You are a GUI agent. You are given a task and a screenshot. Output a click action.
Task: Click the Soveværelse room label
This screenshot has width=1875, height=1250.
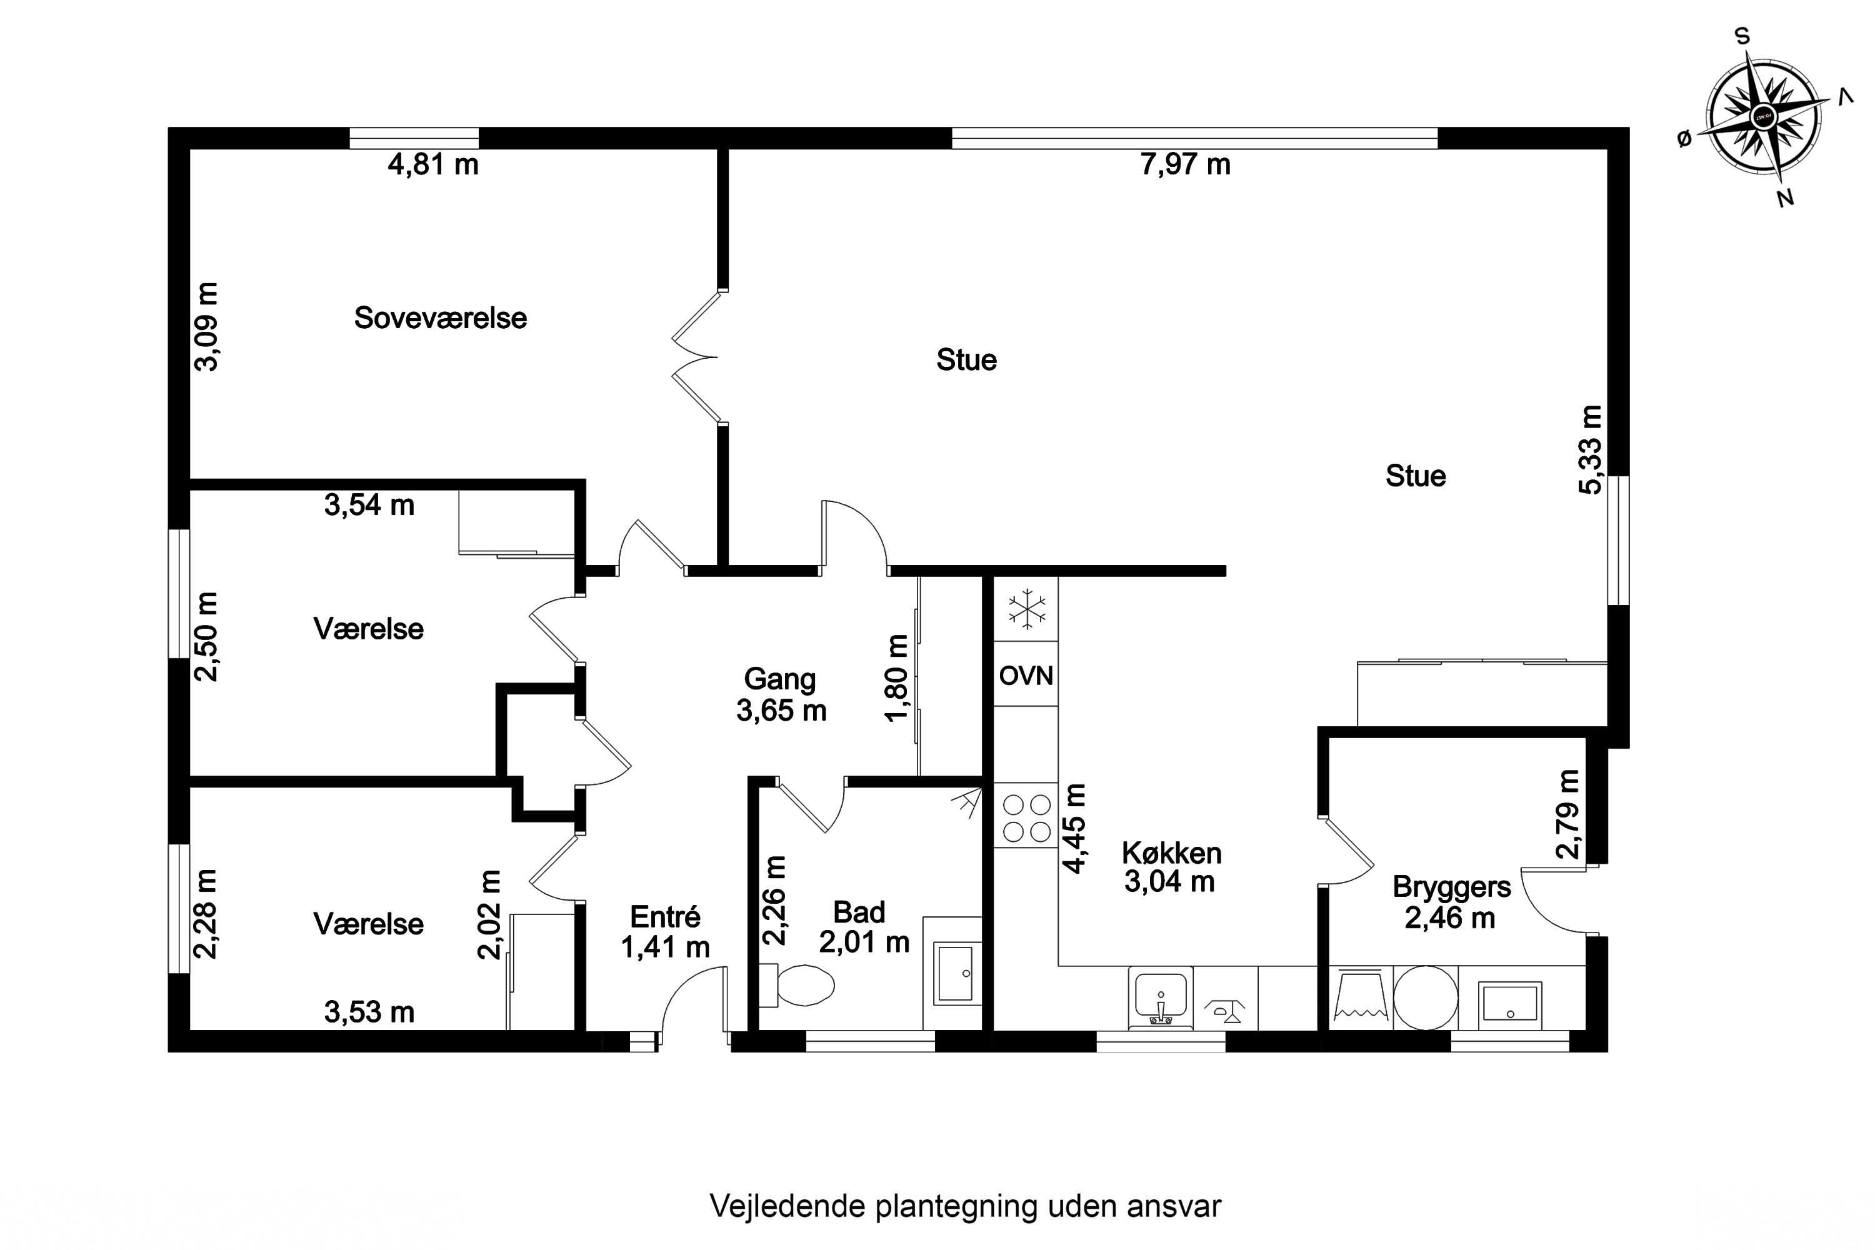[x=440, y=318]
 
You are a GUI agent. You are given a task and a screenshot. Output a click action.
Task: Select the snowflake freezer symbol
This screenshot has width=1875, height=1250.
[x=1027, y=610]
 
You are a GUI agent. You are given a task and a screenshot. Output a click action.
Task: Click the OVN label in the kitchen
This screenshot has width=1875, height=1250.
[x=1026, y=676]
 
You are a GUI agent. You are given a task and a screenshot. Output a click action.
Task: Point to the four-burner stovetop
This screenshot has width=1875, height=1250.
[x=1026, y=819]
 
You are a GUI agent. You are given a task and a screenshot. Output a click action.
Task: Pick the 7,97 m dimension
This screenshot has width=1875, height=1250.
[x=1186, y=164]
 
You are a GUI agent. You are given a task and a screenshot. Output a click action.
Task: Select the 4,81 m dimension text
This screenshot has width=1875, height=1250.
[x=433, y=164]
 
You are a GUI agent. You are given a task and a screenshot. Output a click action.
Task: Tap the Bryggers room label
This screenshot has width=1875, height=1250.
[x=1452, y=887]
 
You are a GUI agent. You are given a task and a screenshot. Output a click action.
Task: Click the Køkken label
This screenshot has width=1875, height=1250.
[x=1171, y=853]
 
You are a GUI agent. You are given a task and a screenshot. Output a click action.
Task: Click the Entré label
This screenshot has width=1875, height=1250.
[x=665, y=917]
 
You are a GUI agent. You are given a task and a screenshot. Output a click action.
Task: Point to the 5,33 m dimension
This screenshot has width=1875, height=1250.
[x=1591, y=449]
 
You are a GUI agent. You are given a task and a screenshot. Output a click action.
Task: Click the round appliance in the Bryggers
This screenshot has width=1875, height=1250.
[x=1426, y=997]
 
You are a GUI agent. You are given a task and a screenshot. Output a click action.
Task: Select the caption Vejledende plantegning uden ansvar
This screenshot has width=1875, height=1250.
[x=966, y=1206]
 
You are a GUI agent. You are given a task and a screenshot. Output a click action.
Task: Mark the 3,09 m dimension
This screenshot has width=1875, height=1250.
[x=206, y=327]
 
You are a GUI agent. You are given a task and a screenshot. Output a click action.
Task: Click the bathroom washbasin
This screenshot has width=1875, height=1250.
[x=954, y=973]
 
